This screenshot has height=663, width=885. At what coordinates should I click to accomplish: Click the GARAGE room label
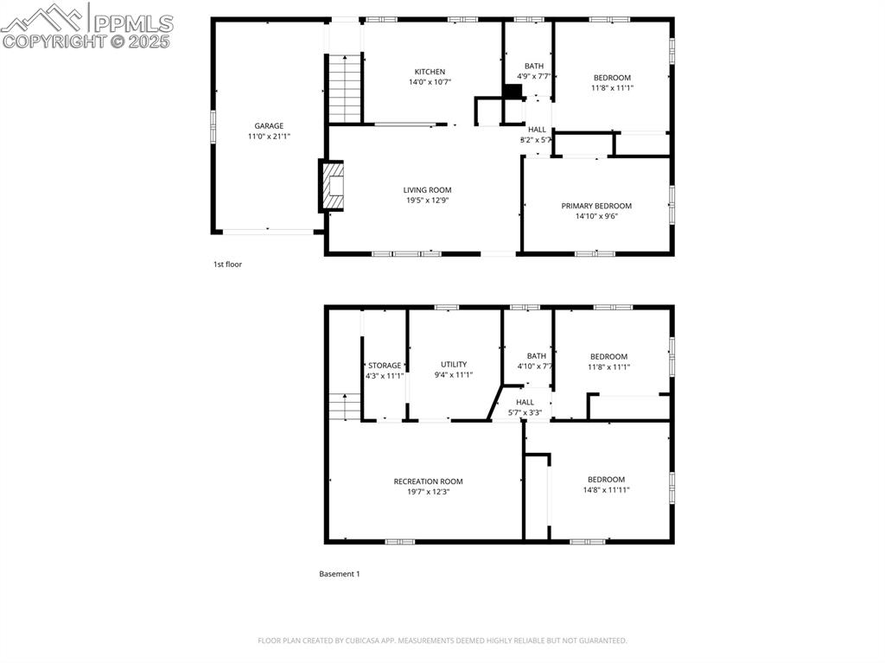[x=269, y=126]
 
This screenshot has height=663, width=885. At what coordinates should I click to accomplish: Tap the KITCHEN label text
[x=430, y=72]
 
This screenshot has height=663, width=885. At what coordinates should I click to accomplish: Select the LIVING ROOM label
[x=427, y=190]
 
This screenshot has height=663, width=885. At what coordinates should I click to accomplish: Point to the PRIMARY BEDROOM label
[x=596, y=206]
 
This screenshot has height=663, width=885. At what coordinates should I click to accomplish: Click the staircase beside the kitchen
[x=345, y=89]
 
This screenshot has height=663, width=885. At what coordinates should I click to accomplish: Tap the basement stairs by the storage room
[x=345, y=406]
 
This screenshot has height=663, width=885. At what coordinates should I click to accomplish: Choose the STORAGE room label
[x=385, y=366]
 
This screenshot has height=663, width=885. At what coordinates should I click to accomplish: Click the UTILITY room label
[x=454, y=364]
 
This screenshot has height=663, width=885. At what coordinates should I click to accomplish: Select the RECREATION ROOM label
[x=429, y=481]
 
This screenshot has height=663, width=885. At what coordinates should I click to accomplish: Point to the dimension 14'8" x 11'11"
[x=606, y=489]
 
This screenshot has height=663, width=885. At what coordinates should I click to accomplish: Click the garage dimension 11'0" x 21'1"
[x=269, y=136]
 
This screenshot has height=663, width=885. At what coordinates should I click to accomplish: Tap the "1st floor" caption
[x=227, y=264]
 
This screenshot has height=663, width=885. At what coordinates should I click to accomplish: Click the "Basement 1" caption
[x=339, y=574]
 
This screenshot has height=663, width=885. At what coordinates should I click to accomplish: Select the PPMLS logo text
[x=133, y=23]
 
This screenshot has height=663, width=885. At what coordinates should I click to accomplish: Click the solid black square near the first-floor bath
[x=513, y=92]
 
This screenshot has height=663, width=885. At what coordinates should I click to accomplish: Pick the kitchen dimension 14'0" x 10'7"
[x=430, y=82]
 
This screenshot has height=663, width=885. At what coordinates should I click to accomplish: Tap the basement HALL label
[x=525, y=402]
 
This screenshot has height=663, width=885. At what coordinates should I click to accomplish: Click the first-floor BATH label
[x=534, y=66]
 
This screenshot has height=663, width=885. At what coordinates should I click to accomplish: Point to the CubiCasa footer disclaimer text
[x=442, y=641]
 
